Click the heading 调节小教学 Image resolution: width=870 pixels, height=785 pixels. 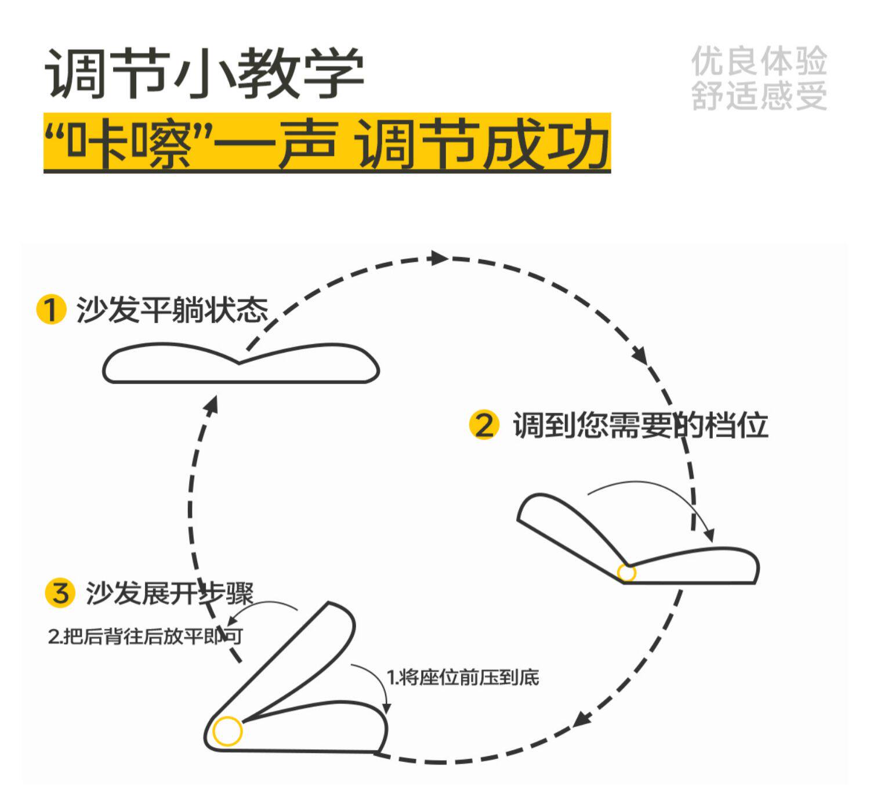(204, 74)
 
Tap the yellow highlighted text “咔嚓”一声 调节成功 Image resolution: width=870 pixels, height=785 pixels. (327, 143)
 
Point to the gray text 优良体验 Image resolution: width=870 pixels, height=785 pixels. (759, 62)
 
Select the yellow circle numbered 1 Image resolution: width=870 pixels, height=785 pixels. (51, 309)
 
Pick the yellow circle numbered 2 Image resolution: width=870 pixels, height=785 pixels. (484, 425)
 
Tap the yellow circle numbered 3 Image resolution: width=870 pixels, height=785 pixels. (60, 593)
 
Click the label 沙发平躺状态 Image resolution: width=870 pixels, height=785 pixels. (172, 310)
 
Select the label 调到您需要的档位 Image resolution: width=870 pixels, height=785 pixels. (640, 426)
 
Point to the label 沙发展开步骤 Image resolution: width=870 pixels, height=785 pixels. (169, 593)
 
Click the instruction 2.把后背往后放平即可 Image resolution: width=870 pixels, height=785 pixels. (145, 636)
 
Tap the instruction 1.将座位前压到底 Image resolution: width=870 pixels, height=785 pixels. (463, 677)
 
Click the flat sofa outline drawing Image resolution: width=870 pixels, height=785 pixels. (240, 364)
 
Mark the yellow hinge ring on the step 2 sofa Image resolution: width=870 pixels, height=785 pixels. (626, 573)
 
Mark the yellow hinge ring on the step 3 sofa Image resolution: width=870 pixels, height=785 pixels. (227, 731)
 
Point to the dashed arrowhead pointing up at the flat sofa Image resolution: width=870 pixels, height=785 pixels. (212, 404)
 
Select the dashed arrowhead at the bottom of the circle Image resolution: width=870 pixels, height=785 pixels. (582, 720)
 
